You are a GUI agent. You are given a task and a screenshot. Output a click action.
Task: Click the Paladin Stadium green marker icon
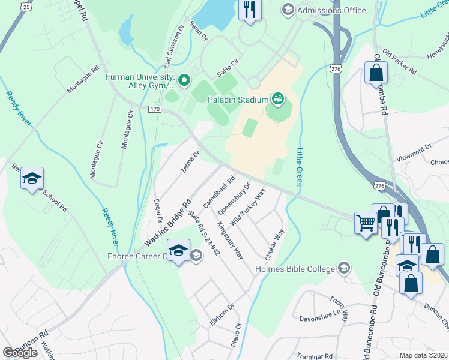278,98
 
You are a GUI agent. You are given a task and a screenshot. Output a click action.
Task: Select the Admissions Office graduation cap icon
288,10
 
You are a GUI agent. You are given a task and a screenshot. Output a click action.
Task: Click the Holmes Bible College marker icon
344,268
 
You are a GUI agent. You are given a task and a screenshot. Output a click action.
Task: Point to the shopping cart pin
365,223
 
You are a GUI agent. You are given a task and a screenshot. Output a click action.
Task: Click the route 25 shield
25,6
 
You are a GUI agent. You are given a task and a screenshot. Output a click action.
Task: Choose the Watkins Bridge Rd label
168,222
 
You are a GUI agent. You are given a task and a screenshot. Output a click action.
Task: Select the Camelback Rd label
218,191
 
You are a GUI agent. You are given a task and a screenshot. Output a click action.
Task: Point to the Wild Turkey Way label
247,207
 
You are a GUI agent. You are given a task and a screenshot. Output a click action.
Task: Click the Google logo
20,352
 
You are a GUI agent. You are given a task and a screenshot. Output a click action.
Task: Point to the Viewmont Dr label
414,152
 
